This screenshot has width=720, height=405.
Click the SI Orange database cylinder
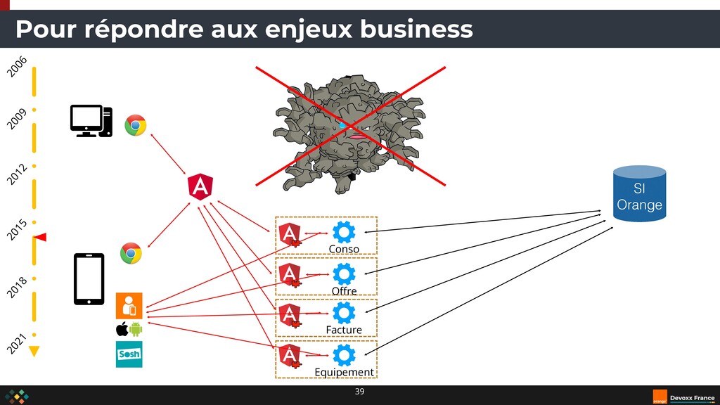click(x=638, y=193)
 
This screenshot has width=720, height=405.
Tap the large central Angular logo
click(x=200, y=186)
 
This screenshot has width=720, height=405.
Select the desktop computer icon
click(x=91, y=121)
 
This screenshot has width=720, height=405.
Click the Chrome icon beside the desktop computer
click(x=136, y=125)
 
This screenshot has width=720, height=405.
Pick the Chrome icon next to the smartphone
click(x=131, y=253)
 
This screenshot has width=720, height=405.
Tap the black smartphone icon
click(x=89, y=279)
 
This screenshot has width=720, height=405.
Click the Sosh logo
click(x=129, y=354)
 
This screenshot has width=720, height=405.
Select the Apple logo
click(x=121, y=329)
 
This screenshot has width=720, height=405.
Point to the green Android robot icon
click(x=136, y=329)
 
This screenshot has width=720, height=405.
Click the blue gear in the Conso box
click(x=344, y=233)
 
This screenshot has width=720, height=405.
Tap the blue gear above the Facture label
click(x=344, y=314)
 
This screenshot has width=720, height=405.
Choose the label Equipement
click(x=345, y=372)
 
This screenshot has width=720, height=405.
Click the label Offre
click(x=344, y=291)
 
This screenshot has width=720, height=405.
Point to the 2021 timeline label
click(x=18, y=342)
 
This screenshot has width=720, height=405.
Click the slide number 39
click(x=359, y=391)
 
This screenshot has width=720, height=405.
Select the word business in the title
click(x=416, y=30)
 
